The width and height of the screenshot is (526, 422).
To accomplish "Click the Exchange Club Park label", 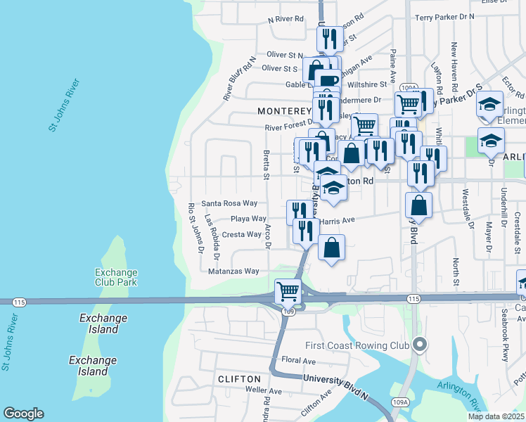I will click(x=116, y=277).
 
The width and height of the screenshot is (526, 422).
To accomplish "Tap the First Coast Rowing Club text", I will click(x=357, y=345).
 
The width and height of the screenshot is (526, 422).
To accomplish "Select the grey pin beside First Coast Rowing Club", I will click(x=421, y=344).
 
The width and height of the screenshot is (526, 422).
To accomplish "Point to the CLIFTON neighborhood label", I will click(x=240, y=379).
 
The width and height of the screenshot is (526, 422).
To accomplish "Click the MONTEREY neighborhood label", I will click(x=284, y=111).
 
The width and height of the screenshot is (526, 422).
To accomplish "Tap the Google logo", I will click(x=23, y=414).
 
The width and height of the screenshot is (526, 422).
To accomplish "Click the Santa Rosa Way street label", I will click(x=229, y=203).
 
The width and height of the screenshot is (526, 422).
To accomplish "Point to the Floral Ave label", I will click(x=298, y=361).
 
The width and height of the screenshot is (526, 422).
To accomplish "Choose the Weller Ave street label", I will click(x=264, y=391).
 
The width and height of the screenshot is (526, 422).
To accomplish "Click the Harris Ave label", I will click(x=338, y=220).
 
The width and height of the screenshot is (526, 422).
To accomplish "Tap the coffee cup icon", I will click(x=327, y=80).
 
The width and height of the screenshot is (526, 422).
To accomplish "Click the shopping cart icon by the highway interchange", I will click(x=288, y=290).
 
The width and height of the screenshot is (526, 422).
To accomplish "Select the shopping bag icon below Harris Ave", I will click(x=331, y=248).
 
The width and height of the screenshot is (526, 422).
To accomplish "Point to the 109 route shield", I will click(x=288, y=311).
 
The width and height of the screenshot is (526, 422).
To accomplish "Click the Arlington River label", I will click(x=458, y=395).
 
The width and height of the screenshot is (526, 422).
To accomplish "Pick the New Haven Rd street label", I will click(x=455, y=63).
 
